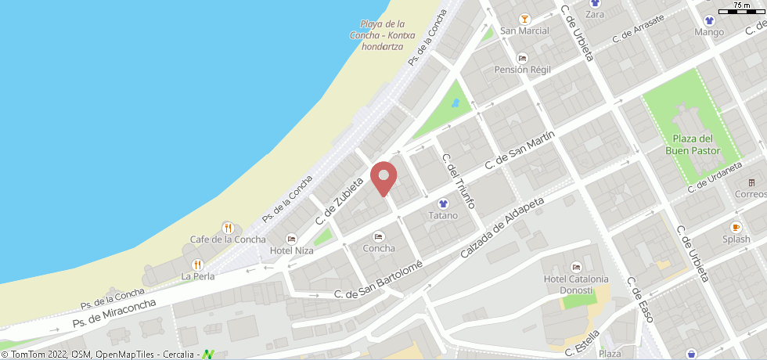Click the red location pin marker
click(x=383, y=177)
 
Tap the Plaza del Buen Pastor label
click(x=693, y=145)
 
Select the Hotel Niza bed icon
click(x=292, y=239)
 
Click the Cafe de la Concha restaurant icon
click(x=228, y=228)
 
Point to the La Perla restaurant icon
click(x=197, y=265)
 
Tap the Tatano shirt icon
click(x=443, y=203)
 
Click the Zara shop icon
click(x=595, y=3)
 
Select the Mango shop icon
click(x=709, y=21)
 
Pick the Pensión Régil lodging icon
click(x=523, y=58)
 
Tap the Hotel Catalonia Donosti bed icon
click(x=576, y=267)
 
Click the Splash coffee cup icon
click(x=736, y=228)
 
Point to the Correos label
click(x=750, y=193)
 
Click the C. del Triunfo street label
click(x=459, y=181)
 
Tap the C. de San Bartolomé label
click(x=379, y=279)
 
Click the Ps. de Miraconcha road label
click(x=114, y=312)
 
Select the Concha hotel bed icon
click(x=379, y=236)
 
